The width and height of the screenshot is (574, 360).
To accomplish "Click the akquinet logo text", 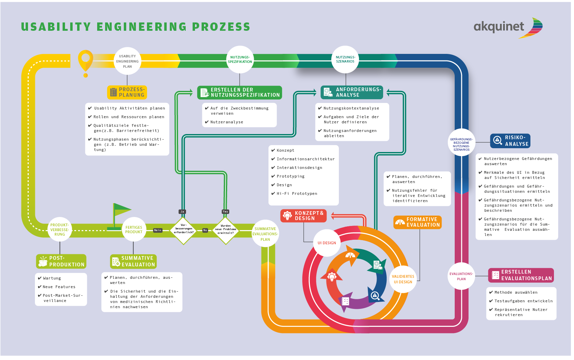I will [499, 27].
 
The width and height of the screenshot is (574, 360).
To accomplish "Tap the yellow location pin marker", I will [85, 60].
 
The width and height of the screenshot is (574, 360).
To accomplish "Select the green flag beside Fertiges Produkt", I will [121, 210].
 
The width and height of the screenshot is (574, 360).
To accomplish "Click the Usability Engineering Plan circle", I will [127, 61].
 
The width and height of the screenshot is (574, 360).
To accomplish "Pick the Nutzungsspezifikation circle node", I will [240, 59].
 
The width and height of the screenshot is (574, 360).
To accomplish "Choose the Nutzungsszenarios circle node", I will [345, 59].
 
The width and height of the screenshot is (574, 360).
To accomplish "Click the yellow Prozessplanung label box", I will [127, 92].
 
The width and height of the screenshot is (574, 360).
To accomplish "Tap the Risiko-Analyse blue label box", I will [510, 141].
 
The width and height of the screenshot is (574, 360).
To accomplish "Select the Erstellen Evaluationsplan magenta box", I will [521, 275].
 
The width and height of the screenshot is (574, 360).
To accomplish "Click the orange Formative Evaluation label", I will [417, 222].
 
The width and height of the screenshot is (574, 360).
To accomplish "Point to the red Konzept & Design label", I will [303, 216].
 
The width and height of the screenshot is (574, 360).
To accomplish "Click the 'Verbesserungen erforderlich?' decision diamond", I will [184, 230].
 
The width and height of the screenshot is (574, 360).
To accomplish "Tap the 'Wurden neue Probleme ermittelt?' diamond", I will [225, 230].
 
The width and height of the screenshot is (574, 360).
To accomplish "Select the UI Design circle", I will [327, 243].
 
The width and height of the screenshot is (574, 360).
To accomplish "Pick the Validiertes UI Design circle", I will [403, 279].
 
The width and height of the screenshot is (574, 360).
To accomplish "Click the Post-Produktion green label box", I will [61, 261].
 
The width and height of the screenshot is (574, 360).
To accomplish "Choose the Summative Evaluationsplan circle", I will [265, 234].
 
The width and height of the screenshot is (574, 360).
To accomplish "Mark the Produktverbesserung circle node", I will [59, 229].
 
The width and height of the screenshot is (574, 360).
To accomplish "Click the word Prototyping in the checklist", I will [290, 176].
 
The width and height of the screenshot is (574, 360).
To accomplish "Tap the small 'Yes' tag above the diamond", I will [225, 211].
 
